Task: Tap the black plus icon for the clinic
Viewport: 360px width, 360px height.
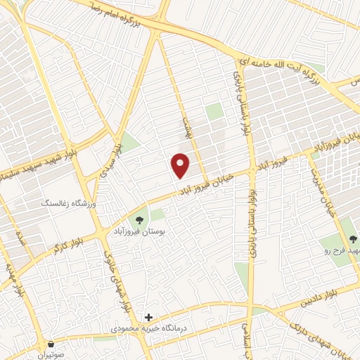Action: coord(148,317)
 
